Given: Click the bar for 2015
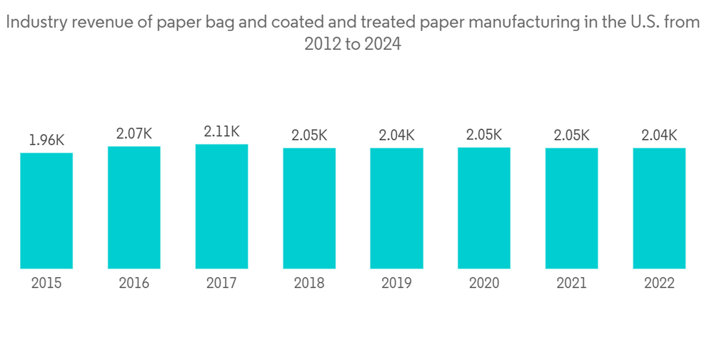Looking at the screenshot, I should (x=46, y=211).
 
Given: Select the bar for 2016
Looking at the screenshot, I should (x=134, y=207).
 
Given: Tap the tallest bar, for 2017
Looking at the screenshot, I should (x=221, y=206).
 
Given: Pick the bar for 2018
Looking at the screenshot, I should (x=309, y=208).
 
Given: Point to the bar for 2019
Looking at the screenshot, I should (x=396, y=208).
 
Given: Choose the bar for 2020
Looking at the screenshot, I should (x=484, y=208).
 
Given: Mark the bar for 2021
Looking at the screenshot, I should (x=572, y=208).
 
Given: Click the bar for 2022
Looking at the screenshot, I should (x=659, y=208).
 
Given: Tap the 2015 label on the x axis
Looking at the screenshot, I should (x=46, y=284).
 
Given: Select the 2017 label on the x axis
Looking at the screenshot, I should (x=221, y=284).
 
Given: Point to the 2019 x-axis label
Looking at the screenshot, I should (x=396, y=284).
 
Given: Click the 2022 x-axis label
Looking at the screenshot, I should (x=659, y=284).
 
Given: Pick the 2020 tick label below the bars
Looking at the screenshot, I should (x=484, y=284).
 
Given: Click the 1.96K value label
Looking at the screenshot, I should (x=46, y=140).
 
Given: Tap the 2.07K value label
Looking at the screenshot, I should (x=134, y=134).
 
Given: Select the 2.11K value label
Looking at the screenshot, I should (x=221, y=131).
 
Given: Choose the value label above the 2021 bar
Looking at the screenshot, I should (x=572, y=134).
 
